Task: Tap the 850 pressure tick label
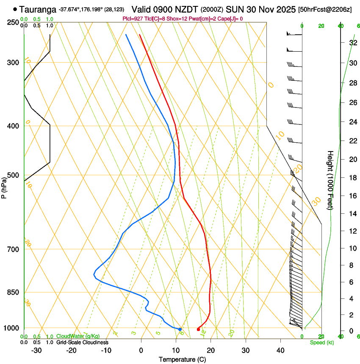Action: [14, 292]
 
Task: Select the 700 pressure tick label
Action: [14, 249]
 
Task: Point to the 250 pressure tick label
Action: [14, 22]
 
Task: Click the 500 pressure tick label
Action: [14, 175]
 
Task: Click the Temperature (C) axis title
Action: [182, 359]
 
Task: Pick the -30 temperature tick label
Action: [36, 350]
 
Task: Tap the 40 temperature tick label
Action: [280, 350]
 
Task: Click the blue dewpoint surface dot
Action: [180, 329]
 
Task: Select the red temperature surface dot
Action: [198, 329]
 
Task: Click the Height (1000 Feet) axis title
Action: [330, 180]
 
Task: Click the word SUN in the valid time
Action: [233, 9]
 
